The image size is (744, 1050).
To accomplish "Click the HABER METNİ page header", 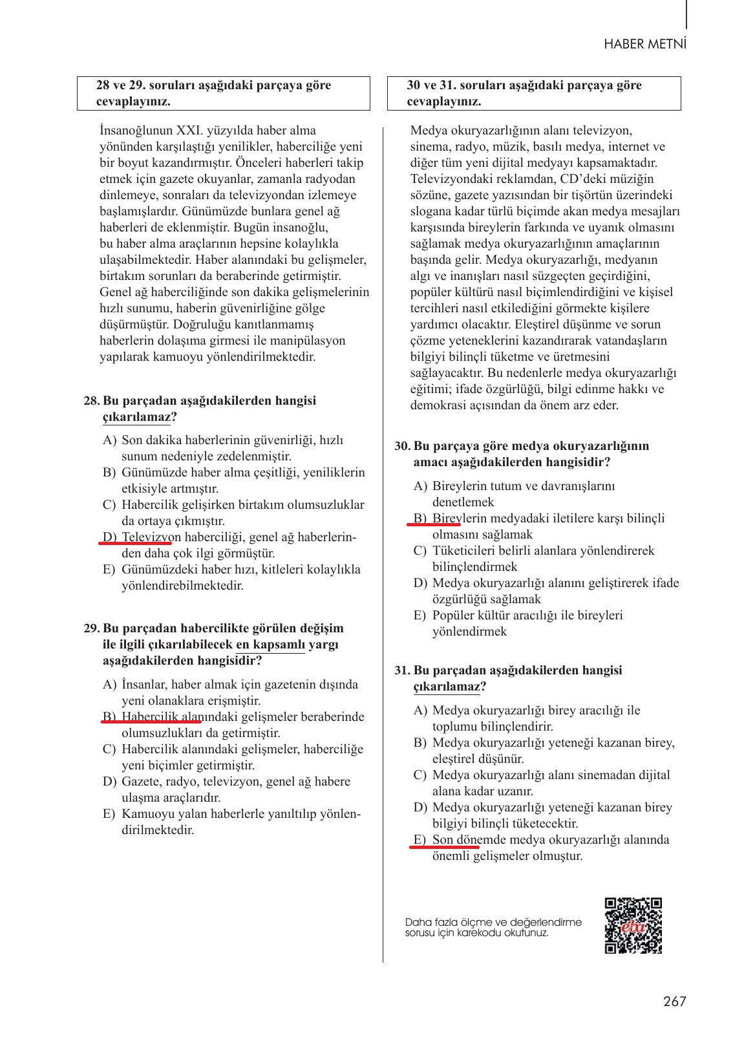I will (x=644, y=44).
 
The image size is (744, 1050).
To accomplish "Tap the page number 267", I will (x=674, y=1002).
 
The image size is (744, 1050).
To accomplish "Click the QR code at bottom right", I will (x=633, y=925).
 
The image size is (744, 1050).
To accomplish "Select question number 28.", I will (x=91, y=401).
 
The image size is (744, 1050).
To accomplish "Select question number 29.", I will (x=91, y=628).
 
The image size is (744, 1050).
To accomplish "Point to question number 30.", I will (x=402, y=446).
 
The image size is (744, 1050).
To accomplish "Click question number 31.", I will (x=402, y=670).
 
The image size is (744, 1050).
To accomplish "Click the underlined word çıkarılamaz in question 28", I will (x=136, y=418).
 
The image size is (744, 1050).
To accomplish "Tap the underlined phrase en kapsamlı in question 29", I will (x=270, y=645).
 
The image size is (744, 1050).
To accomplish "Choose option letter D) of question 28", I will (x=109, y=537).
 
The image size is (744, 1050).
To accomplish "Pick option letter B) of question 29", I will (x=109, y=717).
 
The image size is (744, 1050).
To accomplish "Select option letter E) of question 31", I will (x=420, y=840).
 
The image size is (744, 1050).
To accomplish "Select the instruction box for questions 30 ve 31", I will (x=534, y=93).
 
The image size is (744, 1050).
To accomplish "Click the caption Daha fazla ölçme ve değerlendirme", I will (x=493, y=922).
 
